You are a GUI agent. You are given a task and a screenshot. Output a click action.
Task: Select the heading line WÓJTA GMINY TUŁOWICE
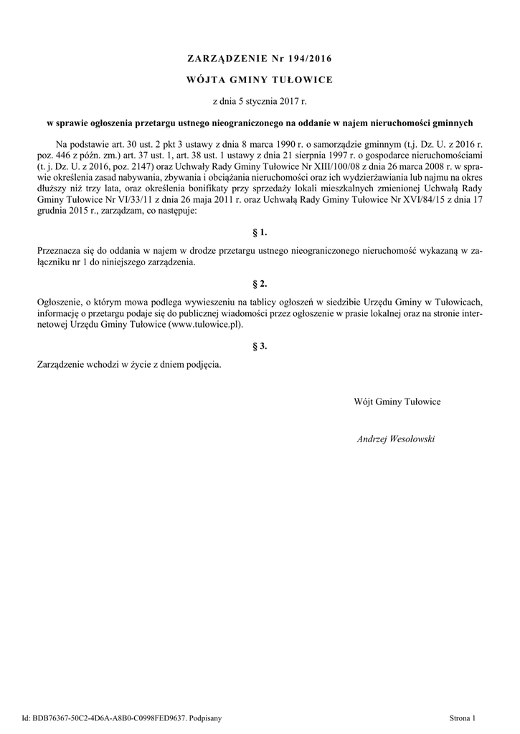[x=259, y=80]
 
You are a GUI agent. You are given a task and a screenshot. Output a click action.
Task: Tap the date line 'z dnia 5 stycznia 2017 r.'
[x=259, y=103]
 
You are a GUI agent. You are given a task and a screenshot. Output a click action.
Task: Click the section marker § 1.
[x=260, y=233]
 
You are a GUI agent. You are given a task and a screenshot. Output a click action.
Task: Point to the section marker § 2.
[x=260, y=284]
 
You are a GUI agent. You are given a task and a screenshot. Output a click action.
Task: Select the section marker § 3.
[x=260, y=346]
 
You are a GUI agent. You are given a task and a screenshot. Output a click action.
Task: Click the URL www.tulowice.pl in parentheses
[x=205, y=324]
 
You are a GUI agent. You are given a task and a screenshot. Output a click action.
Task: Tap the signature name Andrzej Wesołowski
[x=396, y=438]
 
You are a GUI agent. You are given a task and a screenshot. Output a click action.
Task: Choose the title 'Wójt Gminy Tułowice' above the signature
[x=397, y=401]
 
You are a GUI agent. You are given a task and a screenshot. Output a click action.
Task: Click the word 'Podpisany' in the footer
[x=207, y=716]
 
